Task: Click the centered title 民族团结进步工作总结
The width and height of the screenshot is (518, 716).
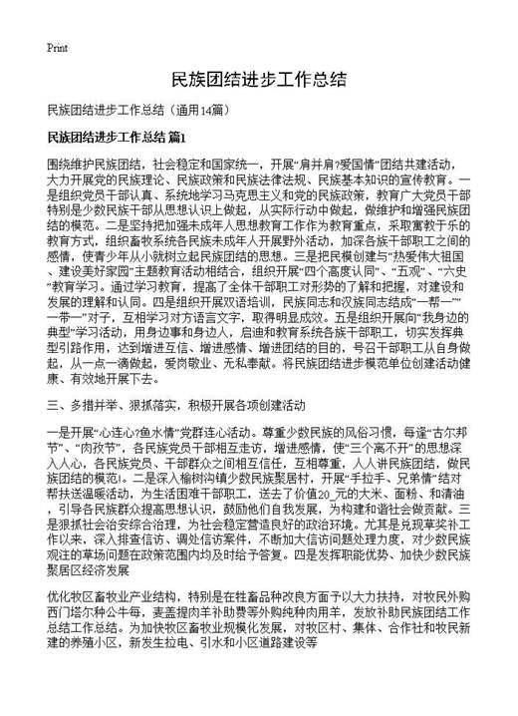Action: tap(259, 79)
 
